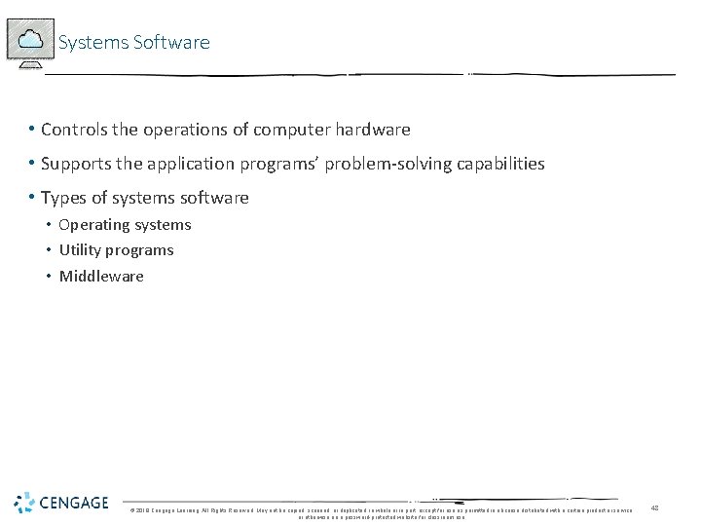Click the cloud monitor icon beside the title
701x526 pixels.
(x=30, y=40)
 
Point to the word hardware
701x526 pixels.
(x=373, y=130)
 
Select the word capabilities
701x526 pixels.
(x=501, y=164)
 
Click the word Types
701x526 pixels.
(x=63, y=198)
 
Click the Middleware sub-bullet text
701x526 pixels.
(x=101, y=277)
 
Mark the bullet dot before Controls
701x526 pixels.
(x=32, y=130)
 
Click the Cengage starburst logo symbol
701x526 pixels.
(x=24, y=503)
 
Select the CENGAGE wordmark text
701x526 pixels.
(x=75, y=504)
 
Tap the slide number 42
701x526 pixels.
(x=655, y=507)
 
